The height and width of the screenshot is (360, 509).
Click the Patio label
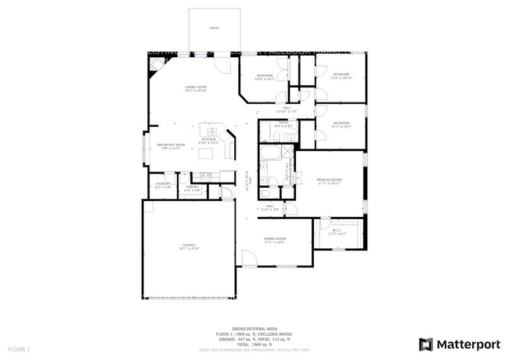coord(214,28)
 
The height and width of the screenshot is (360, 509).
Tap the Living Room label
coord(195,88)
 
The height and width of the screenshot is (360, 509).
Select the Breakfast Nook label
coord(171,146)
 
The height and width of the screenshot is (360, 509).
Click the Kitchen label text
coord(208,140)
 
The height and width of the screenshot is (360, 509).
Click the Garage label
coord(189,247)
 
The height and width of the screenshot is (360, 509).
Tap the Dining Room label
coord(274,239)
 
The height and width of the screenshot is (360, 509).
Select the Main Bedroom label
coord(330,181)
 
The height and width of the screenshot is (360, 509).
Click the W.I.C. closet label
coord(337,232)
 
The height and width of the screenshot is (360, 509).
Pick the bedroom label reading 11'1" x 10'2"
coord(341,124)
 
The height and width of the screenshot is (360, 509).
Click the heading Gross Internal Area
coord(254,329)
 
